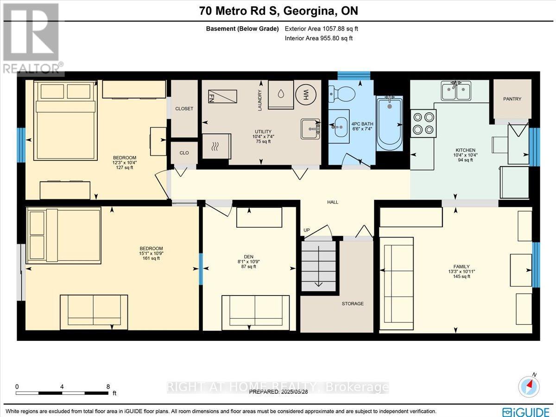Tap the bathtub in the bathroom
[389, 123]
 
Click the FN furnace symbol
[222, 96]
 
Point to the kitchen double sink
[456, 91]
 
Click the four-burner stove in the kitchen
[423, 123]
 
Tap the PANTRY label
[512, 99]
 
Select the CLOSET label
[184, 109]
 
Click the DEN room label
[249, 257]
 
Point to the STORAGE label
[353, 303]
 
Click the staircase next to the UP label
[319, 266]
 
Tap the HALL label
[333, 202]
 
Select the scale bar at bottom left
[62, 393]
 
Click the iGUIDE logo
[526, 411]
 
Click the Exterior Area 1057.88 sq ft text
[321, 29]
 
